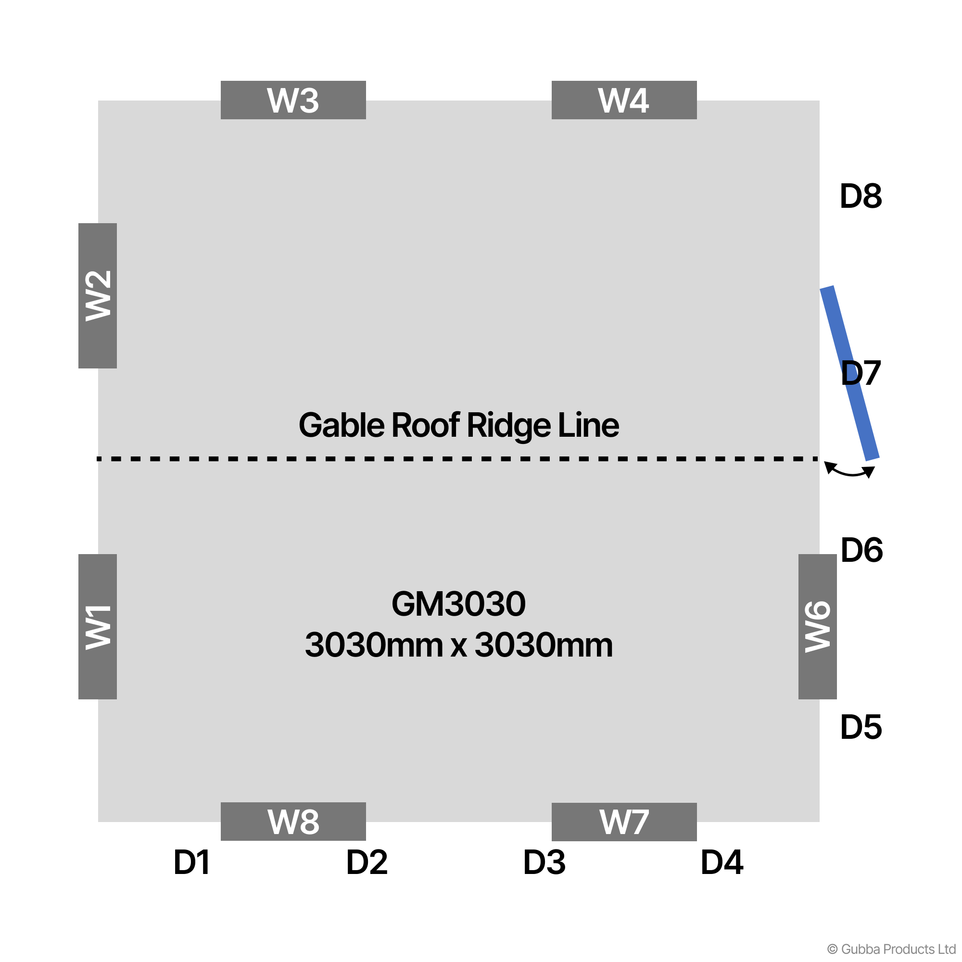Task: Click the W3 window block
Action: click(293, 100)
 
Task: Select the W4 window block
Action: click(624, 100)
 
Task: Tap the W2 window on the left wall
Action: click(98, 296)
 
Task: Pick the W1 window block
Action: click(98, 626)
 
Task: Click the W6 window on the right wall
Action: click(818, 626)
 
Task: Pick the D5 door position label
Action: click(861, 727)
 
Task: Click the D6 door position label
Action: click(861, 550)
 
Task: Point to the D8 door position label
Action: click(861, 196)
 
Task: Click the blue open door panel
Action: click(850, 373)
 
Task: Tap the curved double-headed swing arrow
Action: click(849, 471)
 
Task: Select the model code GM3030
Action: click(458, 604)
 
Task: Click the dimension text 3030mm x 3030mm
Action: click(458, 645)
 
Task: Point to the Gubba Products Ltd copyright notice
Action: click(891, 949)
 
